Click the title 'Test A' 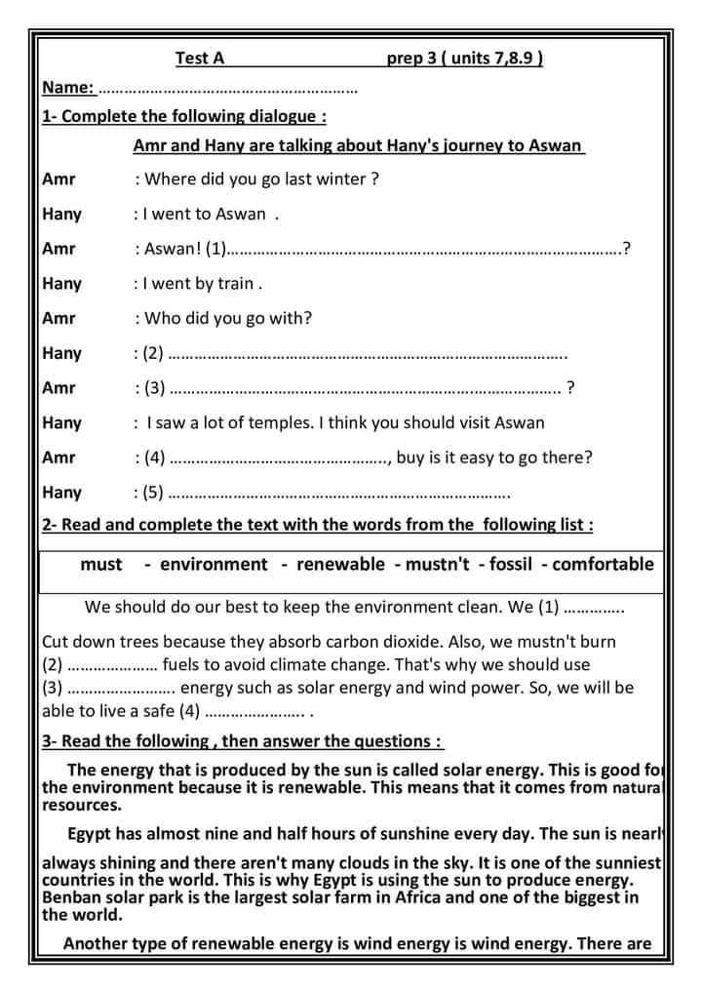click(x=199, y=59)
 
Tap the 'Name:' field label click(x=68, y=88)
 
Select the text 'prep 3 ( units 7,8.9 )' click(x=464, y=59)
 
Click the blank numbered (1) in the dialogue click(x=424, y=249)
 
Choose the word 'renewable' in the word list click(x=340, y=564)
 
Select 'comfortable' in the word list click(x=603, y=564)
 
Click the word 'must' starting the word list click(x=101, y=564)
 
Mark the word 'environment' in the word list click(x=213, y=564)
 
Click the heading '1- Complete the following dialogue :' click(x=184, y=116)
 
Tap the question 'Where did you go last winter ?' click(x=261, y=179)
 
